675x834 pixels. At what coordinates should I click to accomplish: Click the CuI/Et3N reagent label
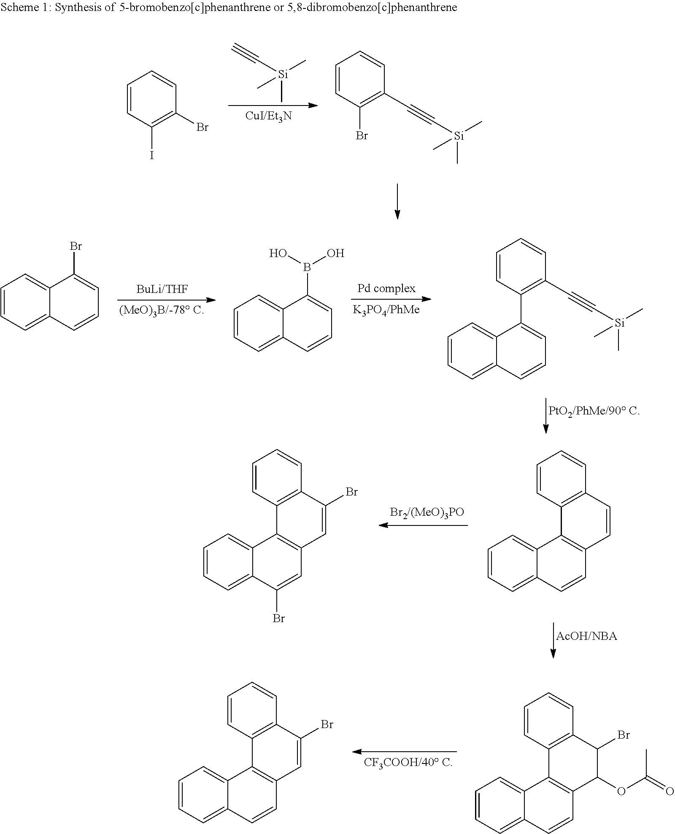click(x=268, y=116)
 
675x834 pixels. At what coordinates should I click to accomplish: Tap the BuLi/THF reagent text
click(x=162, y=289)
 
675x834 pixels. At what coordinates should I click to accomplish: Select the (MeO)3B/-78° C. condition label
click(x=162, y=311)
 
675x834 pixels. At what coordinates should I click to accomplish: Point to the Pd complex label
click(x=386, y=289)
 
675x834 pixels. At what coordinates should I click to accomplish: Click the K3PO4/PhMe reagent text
click(x=386, y=310)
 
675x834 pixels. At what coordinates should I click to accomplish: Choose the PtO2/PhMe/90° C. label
click(x=594, y=411)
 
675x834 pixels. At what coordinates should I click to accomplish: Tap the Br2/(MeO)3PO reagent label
click(x=427, y=512)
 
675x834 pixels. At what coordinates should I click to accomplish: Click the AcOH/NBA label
click(x=586, y=636)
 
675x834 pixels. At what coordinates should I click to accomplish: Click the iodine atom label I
click(x=152, y=156)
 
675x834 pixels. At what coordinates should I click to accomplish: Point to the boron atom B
click(x=307, y=268)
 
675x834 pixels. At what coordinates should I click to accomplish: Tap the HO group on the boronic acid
click(x=278, y=253)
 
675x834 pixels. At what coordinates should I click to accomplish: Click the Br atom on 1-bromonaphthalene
click(x=76, y=246)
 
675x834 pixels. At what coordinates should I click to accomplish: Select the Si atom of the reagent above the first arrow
click(x=283, y=75)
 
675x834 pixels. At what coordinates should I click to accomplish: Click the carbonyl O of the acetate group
click(x=669, y=791)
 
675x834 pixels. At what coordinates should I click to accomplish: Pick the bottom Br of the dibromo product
click(x=278, y=619)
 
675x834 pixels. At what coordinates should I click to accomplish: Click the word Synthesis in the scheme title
click(x=73, y=8)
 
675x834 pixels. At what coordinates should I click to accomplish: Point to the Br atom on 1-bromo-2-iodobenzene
click(x=202, y=127)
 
